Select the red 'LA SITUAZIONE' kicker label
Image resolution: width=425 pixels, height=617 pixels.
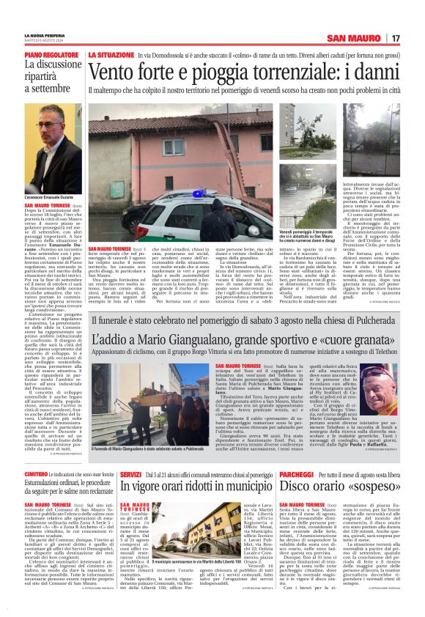point(110,55)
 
